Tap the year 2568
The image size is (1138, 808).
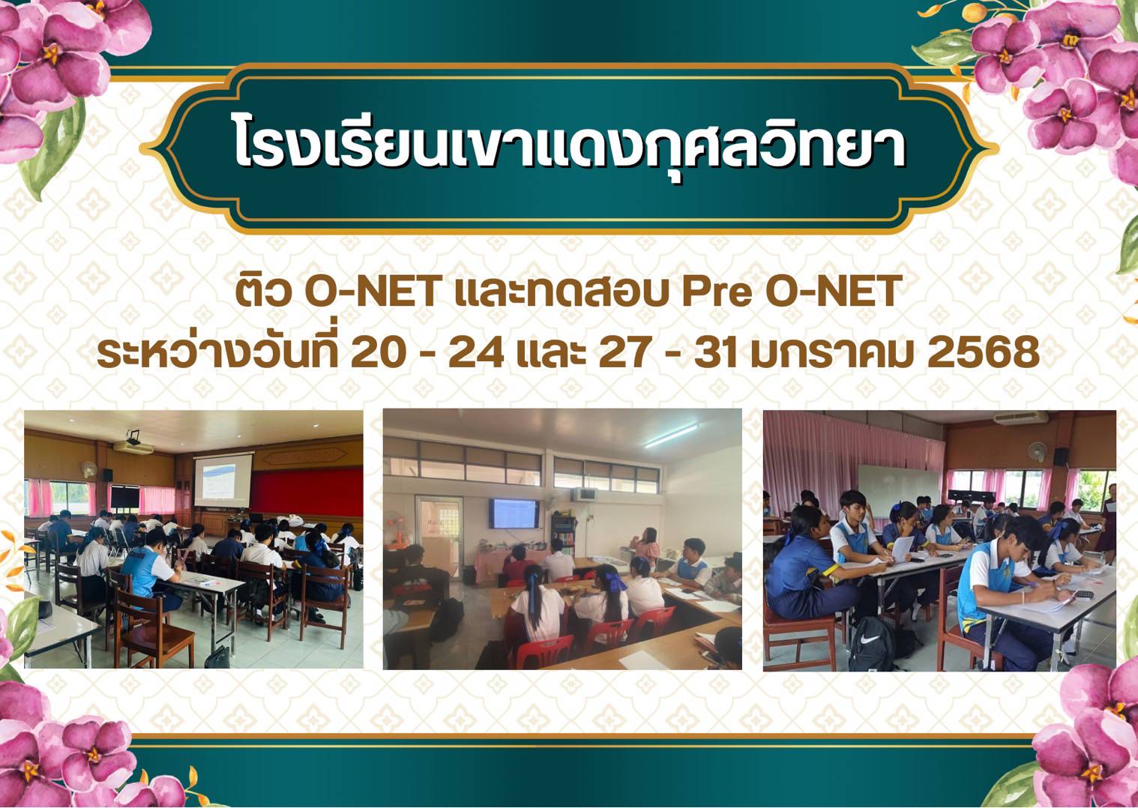point(984,353)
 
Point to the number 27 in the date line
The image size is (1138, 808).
point(626,353)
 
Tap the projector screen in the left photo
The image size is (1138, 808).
point(223,480)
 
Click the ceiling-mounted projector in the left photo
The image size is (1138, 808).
point(133,437)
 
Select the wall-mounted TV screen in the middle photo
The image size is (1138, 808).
point(514,513)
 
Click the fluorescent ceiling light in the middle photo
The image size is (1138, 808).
point(671,435)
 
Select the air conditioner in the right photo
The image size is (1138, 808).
point(1020,418)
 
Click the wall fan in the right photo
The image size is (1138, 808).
point(1038,451)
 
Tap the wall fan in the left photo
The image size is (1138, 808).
point(89,469)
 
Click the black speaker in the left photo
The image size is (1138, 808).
point(107,475)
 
